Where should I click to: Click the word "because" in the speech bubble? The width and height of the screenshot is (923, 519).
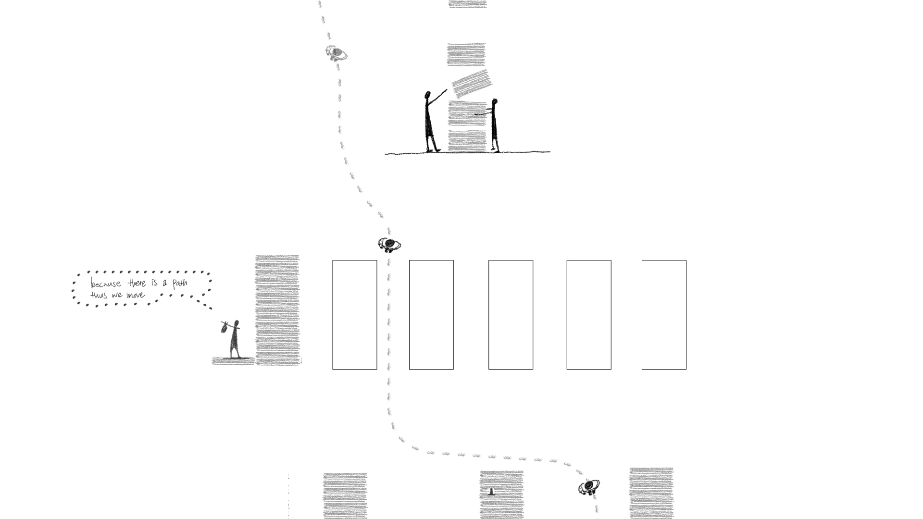(x=106, y=284)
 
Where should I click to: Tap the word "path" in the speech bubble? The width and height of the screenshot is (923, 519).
(x=179, y=283)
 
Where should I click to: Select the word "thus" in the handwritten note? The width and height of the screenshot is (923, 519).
(x=99, y=295)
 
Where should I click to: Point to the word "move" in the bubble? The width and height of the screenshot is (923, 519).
(x=136, y=295)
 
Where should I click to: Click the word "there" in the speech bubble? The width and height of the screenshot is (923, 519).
(x=137, y=283)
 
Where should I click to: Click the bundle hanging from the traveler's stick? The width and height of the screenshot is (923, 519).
(x=225, y=328)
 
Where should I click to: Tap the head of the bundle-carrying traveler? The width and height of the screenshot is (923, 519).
(x=236, y=322)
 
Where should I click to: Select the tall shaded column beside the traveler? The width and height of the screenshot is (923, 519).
(x=277, y=310)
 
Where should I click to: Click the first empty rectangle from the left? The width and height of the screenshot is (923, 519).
(x=355, y=315)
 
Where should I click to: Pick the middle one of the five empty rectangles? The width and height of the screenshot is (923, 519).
(x=511, y=315)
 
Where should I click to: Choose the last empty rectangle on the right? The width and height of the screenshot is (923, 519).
(x=664, y=315)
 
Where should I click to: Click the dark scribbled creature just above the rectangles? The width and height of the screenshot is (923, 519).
(x=389, y=245)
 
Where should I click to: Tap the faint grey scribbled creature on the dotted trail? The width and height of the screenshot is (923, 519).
(x=337, y=53)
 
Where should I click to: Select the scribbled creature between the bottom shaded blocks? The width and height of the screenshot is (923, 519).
(x=589, y=487)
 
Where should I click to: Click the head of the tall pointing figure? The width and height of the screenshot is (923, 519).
(x=427, y=95)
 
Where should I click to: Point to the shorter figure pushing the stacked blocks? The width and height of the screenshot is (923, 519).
(x=494, y=125)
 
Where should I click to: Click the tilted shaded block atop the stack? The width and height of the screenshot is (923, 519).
(x=472, y=84)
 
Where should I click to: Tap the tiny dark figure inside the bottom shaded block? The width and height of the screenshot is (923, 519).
(x=491, y=492)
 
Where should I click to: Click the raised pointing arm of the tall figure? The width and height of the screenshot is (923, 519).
(x=437, y=96)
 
